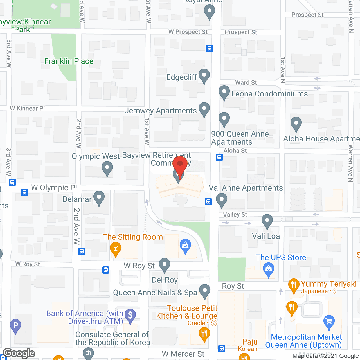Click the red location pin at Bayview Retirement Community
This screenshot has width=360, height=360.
point(180,165)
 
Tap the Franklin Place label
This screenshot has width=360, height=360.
point(69,61)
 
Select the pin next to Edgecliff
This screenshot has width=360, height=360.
point(204,75)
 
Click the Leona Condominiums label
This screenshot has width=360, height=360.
point(269,94)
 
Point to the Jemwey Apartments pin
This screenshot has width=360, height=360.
point(204,109)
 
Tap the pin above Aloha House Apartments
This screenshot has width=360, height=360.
point(296,123)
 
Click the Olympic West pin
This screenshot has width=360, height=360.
point(107,169)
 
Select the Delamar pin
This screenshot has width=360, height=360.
point(99,197)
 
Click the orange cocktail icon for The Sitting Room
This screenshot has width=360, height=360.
point(116,249)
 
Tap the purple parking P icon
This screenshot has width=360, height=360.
point(15,326)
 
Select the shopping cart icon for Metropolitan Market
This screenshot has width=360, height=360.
point(329,321)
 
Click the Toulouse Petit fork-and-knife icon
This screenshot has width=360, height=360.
point(204,334)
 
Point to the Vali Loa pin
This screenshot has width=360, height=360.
point(267,221)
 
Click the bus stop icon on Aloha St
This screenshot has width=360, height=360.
point(219,157)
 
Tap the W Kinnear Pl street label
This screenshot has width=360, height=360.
point(27,108)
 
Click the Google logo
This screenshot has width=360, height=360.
point(19,353)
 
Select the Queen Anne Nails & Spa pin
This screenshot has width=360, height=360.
point(204,291)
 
